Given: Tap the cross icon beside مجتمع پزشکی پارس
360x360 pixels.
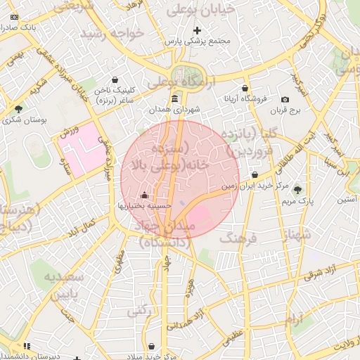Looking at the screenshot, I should tap(198, 30).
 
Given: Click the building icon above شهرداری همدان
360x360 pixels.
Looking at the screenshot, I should tap(174, 99).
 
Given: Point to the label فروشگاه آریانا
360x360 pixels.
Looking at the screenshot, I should tap(244, 99).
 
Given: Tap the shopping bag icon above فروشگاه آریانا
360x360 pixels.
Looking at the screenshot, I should tap(244, 89).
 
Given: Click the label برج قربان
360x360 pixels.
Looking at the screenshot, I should tap(286, 110).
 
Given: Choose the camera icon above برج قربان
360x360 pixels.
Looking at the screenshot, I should tap(285, 100).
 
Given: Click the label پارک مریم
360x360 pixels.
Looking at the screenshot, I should tap(297, 200).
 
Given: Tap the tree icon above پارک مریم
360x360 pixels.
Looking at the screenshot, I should tap(297, 189).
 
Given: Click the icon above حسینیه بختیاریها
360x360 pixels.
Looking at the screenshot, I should tap(145, 195).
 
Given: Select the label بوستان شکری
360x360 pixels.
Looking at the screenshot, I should tap(22, 120).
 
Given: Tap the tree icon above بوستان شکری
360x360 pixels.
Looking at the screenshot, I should tap(18, 108).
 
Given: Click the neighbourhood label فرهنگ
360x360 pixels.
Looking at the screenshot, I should tap(240, 239).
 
